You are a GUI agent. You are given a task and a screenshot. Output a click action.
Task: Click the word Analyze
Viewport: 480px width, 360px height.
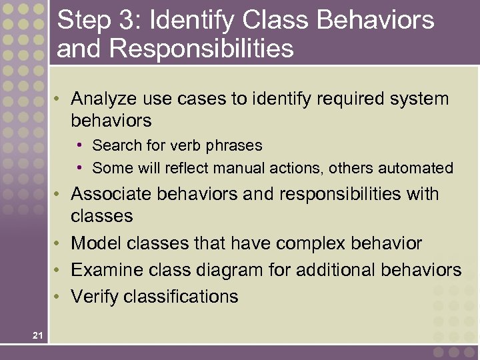(x=101, y=99)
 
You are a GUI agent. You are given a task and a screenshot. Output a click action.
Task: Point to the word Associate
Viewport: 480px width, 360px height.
(x=111, y=194)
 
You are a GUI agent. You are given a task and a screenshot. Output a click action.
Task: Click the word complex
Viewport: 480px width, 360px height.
(x=312, y=244)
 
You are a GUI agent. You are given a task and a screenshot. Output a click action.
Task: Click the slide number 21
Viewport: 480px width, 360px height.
(x=37, y=336)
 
